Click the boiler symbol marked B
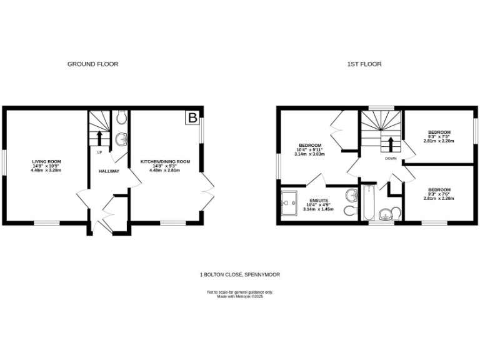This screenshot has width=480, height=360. coord(193,117)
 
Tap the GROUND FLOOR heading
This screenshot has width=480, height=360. coord(92,64)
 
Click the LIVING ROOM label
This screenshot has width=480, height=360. coord(46,161)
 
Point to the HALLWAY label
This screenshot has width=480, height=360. coord(109,171)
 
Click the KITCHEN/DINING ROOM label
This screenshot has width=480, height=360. coord(165,161)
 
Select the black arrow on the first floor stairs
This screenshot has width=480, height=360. coord(391,144)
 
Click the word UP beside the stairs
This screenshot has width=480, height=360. coord(99,152)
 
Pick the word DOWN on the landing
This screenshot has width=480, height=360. coord(391,159)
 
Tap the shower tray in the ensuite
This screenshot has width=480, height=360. coord(291,203)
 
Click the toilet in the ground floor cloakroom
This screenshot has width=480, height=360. coord(121,117)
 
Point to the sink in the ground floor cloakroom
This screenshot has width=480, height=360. coord(121,139)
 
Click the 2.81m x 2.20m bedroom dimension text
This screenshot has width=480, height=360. coord(439,141)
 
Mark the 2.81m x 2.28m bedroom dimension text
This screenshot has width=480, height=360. coord(439,199)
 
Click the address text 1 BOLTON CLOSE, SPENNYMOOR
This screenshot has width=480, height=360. coord(240,275)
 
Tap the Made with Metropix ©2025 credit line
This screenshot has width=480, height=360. coord(240,296)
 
